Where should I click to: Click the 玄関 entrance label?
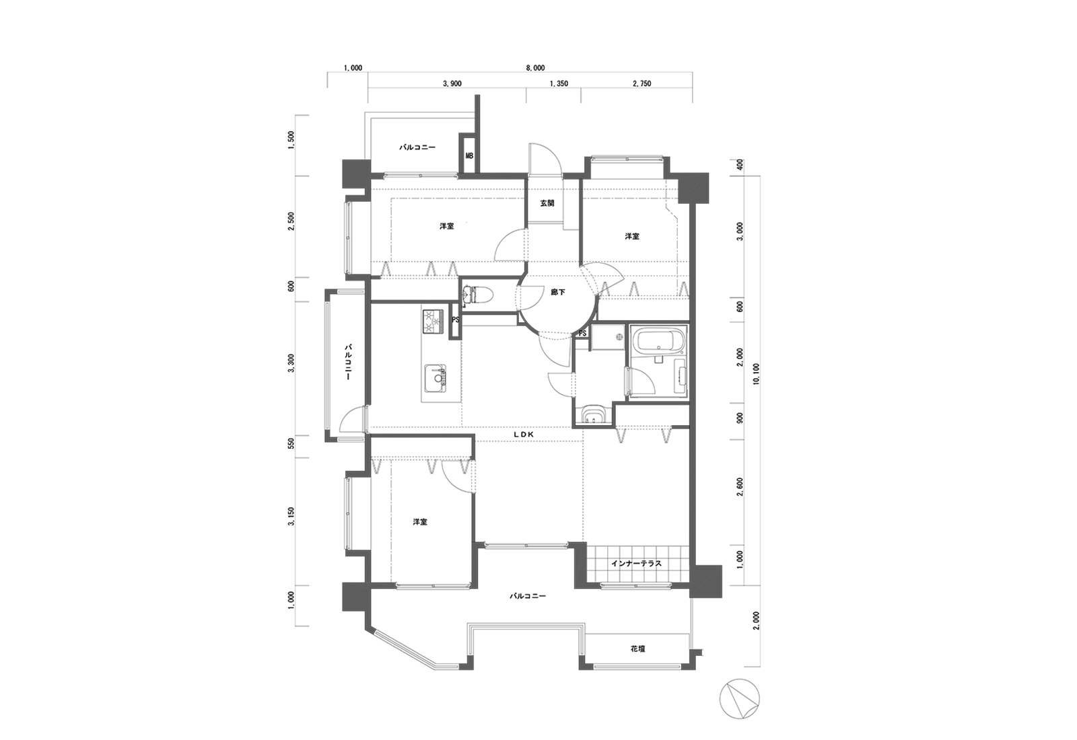pyautogui.click(x=547, y=203)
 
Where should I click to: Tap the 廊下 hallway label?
pyautogui.click(x=558, y=292)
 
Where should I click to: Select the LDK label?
pyautogui.click(x=524, y=435)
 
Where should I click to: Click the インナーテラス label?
pyautogui.click(x=637, y=563)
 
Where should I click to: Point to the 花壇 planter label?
pyautogui.click(x=638, y=649)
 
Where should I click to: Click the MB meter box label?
pyautogui.click(x=469, y=156)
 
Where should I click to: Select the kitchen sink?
pyautogui.click(x=436, y=379)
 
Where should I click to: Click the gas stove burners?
pyautogui.click(x=433, y=321)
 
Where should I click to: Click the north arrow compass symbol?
pyautogui.click(x=740, y=699)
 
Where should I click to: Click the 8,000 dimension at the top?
pyautogui.click(x=534, y=68)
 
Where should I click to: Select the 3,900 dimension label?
pyautogui.click(x=452, y=83)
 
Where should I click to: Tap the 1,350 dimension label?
pyautogui.click(x=559, y=83)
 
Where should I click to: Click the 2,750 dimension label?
pyautogui.click(x=642, y=83)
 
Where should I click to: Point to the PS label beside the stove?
pyautogui.click(x=455, y=320)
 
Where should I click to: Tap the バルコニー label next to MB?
pyautogui.click(x=417, y=147)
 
